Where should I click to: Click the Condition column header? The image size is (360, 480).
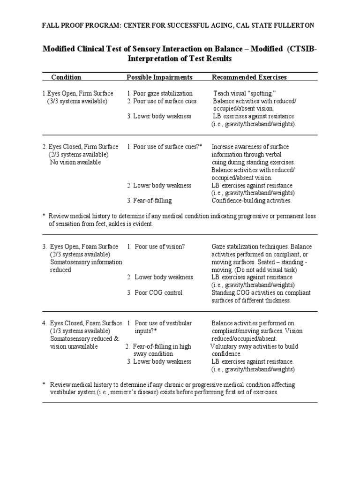tap(66, 77)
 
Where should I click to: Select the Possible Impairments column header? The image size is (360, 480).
tap(159, 77)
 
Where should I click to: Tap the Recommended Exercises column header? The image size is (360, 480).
tap(249, 77)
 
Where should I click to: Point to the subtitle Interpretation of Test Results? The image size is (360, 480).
tap(180, 59)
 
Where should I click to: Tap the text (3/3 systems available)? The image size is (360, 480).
tap(77, 101)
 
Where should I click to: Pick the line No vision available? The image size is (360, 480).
tap(75, 162)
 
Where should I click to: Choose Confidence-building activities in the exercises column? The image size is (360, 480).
tap(252, 201)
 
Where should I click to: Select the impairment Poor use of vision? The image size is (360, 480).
tap(159, 247)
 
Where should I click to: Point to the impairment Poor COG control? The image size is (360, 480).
tap(158, 292)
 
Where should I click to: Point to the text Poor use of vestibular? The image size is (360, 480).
tap(163, 323)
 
